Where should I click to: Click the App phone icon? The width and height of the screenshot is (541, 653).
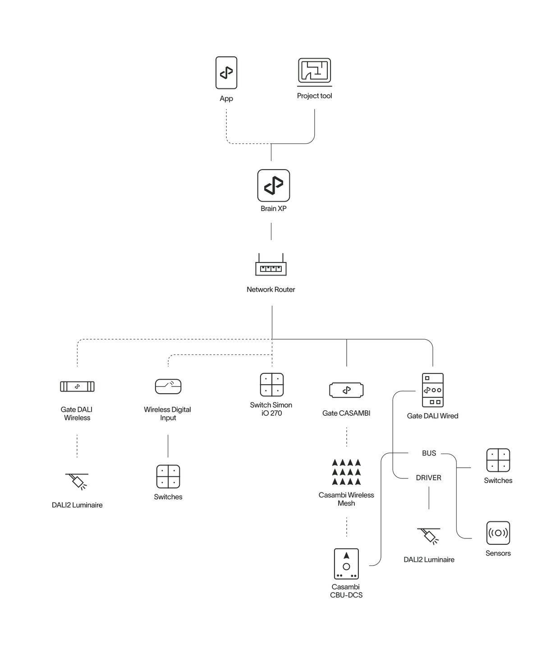tap(226, 73)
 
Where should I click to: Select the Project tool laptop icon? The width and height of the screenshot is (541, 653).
tap(314, 72)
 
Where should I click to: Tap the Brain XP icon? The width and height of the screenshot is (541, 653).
tap(274, 185)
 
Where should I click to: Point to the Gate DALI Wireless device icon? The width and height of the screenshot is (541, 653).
tap(78, 386)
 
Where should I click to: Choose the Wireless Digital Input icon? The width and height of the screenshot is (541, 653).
tap(168, 386)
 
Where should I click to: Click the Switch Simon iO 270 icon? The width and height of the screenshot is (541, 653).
tap(271, 384)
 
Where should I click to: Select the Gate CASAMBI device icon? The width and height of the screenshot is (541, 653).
tap(346, 390)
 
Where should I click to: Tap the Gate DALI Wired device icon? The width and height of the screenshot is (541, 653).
tap(433, 390)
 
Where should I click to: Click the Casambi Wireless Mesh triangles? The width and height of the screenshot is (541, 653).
tap(346, 472)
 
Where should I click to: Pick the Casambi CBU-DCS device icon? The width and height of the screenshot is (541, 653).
tap(346, 564)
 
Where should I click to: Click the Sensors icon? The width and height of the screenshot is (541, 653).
tap(498, 533)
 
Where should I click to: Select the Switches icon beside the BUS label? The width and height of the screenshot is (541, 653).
tap(498, 460)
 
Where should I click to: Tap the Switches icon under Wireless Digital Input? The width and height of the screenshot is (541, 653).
tap(168, 477)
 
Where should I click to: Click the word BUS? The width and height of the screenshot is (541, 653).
tap(429, 453)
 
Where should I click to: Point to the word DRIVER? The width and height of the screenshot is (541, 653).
tap(429, 478)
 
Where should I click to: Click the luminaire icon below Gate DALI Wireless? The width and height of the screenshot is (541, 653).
tap(78, 481)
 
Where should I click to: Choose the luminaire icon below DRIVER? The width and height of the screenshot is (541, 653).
tap(429, 536)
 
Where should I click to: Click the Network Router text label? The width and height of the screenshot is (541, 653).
tap(271, 290)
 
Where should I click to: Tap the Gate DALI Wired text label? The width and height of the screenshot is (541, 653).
tap(433, 416)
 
